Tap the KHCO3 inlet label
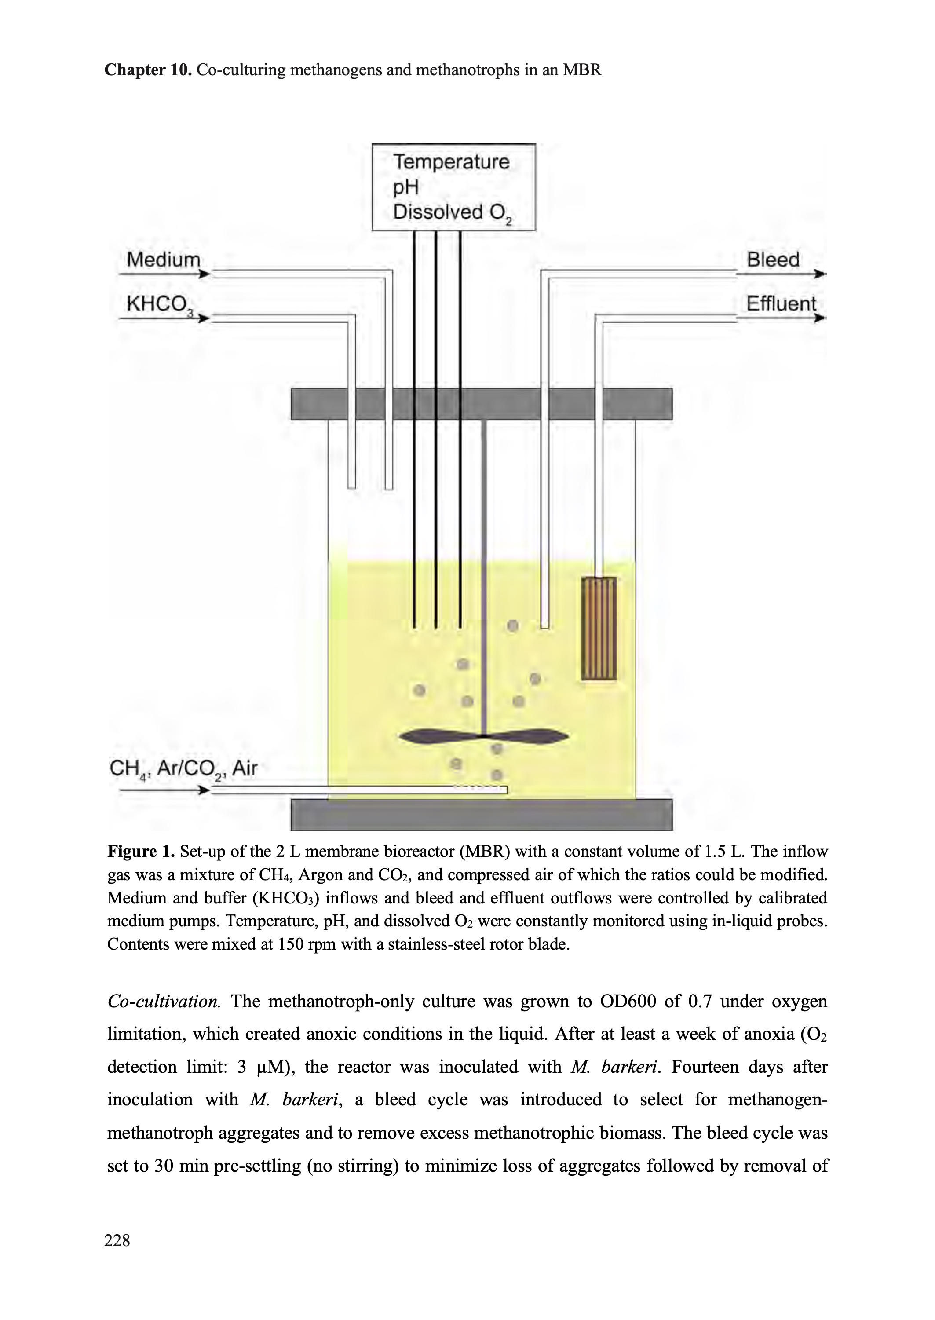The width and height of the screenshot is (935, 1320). point(159,304)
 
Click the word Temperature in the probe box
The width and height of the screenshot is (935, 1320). point(451,162)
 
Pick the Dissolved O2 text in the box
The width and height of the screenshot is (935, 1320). point(453,212)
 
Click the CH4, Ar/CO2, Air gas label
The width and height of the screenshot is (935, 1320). point(183,768)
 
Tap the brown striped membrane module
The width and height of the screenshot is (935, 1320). point(599,628)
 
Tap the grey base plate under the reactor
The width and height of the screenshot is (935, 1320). point(481,814)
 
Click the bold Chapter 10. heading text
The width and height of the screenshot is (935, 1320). point(148,70)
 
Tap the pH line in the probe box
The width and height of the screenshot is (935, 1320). point(405,187)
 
